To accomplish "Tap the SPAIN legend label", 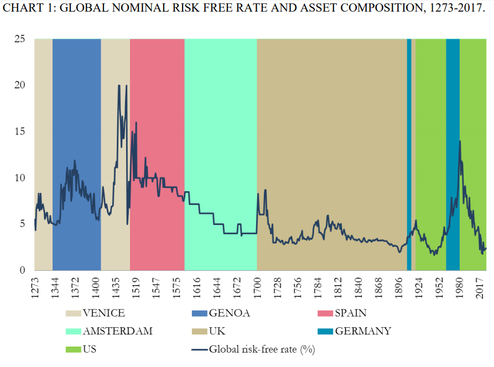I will click(351, 313).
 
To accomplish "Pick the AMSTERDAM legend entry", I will click(117, 331).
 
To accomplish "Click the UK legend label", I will click(217, 331).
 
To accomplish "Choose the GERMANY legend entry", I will click(363, 331).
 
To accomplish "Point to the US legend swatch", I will click(74, 349).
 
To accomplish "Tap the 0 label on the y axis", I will click(22, 270).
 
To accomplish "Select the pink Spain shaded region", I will click(157, 111).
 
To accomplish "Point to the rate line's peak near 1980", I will click(459, 141).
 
